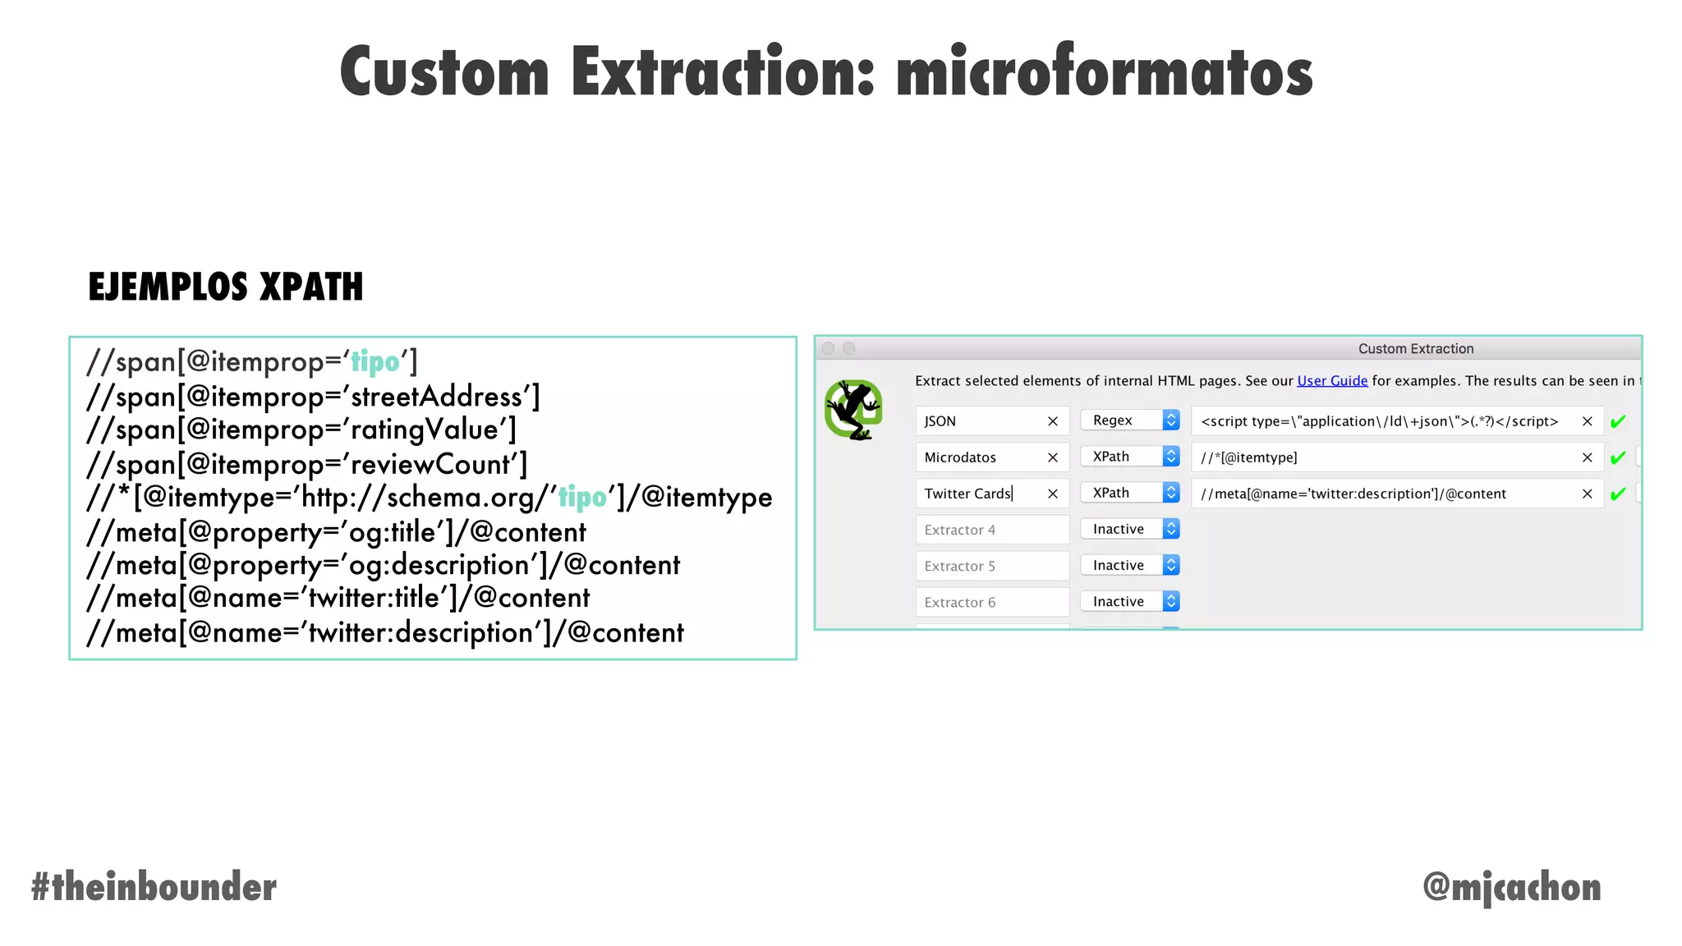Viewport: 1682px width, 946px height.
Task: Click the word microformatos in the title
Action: (x=1104, y=72)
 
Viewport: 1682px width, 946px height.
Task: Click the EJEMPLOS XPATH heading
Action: (x=225, y=287)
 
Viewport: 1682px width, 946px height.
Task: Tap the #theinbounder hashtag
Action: (x=154, y=887)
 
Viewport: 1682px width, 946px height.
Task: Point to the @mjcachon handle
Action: (x=1511, y=887)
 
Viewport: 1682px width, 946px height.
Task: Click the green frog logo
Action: (x=853, y=410)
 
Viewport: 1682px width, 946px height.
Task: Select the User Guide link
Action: (x=1332, y=381)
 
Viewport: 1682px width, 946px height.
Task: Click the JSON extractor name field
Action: (x=981, y=421)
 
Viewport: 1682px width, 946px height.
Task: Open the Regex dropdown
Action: (x=1130, y=420)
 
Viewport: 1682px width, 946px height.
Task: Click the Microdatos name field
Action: (x=981, y=457)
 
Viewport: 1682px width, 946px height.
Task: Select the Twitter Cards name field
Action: (x=981, y=494)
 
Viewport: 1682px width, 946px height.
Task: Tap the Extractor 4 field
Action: (x=991, y=530)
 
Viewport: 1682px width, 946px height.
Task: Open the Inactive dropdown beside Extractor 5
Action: (x=1130, y=565)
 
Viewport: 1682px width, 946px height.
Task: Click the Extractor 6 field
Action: (x=991, y=602)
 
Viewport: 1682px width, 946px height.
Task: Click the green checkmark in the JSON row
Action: (x=1618, y=422)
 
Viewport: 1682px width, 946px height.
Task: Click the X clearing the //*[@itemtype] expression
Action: (x=1587, y=457)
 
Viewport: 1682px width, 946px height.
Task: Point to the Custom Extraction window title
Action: (x=1415, y=349)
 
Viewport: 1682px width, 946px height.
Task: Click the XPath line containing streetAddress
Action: (x=313, y=397)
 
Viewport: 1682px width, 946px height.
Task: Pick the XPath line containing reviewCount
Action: (x=306, y=464)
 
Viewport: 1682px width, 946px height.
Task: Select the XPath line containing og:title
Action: (x=336, y=532)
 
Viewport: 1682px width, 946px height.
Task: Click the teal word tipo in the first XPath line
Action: (x=375, y=361)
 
